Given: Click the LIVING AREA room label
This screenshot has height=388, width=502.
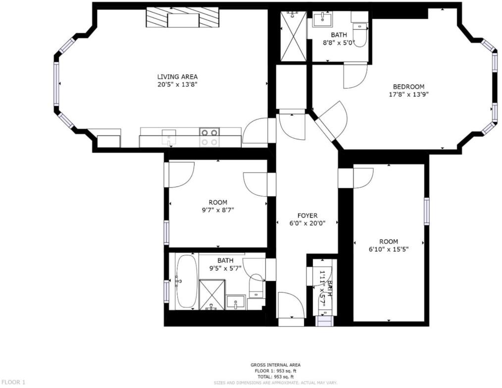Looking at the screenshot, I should (x=177, y=76).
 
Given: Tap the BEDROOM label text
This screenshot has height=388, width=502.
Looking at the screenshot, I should (x=408, y=86).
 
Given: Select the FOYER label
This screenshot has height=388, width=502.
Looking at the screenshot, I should (x=307, y=216).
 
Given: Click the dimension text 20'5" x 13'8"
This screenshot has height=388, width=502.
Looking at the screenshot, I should (x=177, y=84).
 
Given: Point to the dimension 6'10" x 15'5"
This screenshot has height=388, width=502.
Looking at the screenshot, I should (x=388, y=249).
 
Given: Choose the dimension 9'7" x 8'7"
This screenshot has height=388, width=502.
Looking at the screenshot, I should (x=217, y=210).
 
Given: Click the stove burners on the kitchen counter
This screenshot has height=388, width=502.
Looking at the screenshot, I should (x=209, y=137).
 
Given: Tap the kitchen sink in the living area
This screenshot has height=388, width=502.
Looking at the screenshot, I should (x=169, y=136).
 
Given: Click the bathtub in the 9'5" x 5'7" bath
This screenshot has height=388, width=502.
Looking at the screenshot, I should (x=187, y=281).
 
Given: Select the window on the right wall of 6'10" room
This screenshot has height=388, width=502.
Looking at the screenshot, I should (x=426, y=211).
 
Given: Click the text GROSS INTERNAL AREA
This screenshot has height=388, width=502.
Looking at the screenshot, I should (x=275, y=365).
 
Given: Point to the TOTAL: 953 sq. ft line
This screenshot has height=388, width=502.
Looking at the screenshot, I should (x=275, y=377).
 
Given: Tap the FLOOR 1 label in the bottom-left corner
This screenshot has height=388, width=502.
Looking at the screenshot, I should (x=13, y=382).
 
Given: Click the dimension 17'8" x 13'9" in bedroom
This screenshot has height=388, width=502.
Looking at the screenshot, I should (x=408, y=94).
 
